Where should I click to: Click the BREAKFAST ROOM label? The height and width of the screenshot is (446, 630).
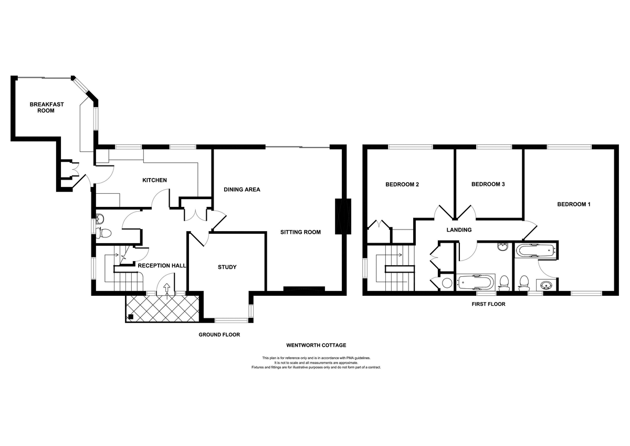(47, 107)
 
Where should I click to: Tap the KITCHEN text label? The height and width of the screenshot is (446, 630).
(154, 180)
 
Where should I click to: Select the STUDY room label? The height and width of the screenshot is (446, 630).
(227, 267)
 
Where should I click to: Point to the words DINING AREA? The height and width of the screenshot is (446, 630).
(242, 189)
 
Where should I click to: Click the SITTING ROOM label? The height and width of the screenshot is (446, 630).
(300, 232)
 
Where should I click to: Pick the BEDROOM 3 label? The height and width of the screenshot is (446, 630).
(488, 184)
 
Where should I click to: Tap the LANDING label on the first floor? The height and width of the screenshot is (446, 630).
(459, 230)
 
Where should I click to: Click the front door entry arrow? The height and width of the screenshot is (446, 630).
(167, 288)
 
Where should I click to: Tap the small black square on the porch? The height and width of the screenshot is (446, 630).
(130, 317)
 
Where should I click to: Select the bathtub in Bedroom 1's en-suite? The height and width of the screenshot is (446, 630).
(534, 251)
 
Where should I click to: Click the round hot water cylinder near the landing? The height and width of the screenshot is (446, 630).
(446, 283)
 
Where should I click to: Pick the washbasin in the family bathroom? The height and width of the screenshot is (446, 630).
(502, 246)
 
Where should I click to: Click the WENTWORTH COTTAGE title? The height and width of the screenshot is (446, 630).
(316, 345)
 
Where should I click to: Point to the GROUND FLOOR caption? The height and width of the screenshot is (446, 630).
(219, 334)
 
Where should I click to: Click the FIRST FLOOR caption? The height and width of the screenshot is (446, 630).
(488, 304)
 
